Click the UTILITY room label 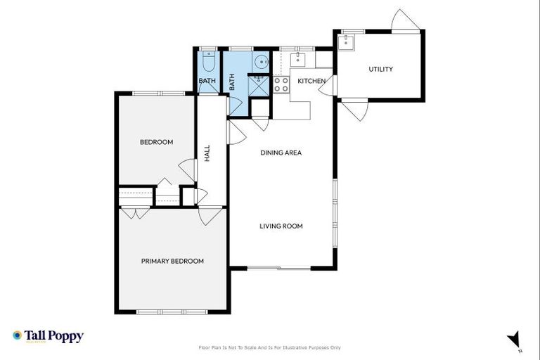coord(380,69)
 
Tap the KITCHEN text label coord(311,82)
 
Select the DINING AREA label coord(281,153)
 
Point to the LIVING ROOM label coord(281,226)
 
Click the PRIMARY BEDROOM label coord(172,261)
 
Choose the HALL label coord(207,153)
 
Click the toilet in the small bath coord(207,63)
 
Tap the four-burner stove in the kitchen coord(281,84)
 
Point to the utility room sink coord(345,43)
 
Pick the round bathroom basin coord(260,62)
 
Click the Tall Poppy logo coord(48,336)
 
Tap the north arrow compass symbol coord(514,340)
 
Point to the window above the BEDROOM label coord(157,93)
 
